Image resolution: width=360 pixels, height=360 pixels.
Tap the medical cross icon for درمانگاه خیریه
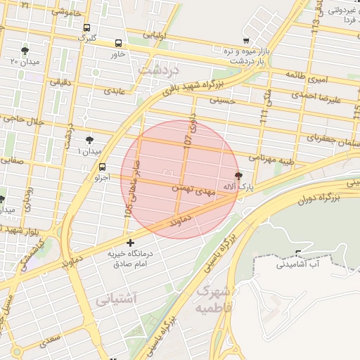[x=129, y=243]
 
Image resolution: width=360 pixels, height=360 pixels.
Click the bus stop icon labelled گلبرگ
[x=86, y=28]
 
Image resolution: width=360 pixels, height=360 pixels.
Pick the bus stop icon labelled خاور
[x=117, y=43]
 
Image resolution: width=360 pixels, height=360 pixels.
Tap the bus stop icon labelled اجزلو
[x=103, y=167]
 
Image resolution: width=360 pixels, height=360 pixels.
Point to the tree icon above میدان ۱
[x=89, y=141]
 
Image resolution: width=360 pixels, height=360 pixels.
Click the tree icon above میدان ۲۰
[x=25, y=51]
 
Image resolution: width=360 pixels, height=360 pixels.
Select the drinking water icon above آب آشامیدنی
[x=300, y=253]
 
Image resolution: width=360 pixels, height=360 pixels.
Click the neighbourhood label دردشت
[x=160, y=70]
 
